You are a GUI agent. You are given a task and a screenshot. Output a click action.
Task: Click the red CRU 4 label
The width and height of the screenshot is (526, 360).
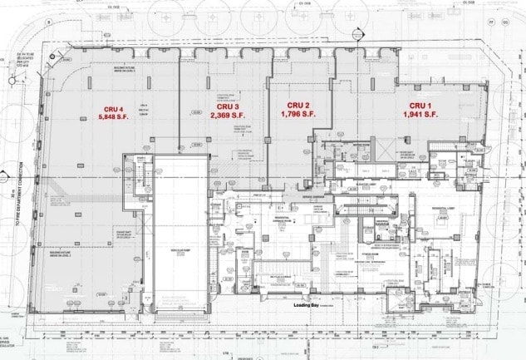[x=113, y=110]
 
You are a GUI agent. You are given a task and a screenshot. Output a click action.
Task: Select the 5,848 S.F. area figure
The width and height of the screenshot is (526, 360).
[x=113, y=118]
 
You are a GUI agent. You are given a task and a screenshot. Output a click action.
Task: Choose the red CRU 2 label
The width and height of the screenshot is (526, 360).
[x=297, y=105]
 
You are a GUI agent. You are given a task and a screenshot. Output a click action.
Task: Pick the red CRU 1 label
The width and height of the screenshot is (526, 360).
[x=420, y=105]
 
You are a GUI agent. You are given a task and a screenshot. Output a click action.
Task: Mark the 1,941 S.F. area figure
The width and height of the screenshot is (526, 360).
[x=420, y=114]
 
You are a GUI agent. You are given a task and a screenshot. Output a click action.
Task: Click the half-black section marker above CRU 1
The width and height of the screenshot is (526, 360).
[x=358, y=35]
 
